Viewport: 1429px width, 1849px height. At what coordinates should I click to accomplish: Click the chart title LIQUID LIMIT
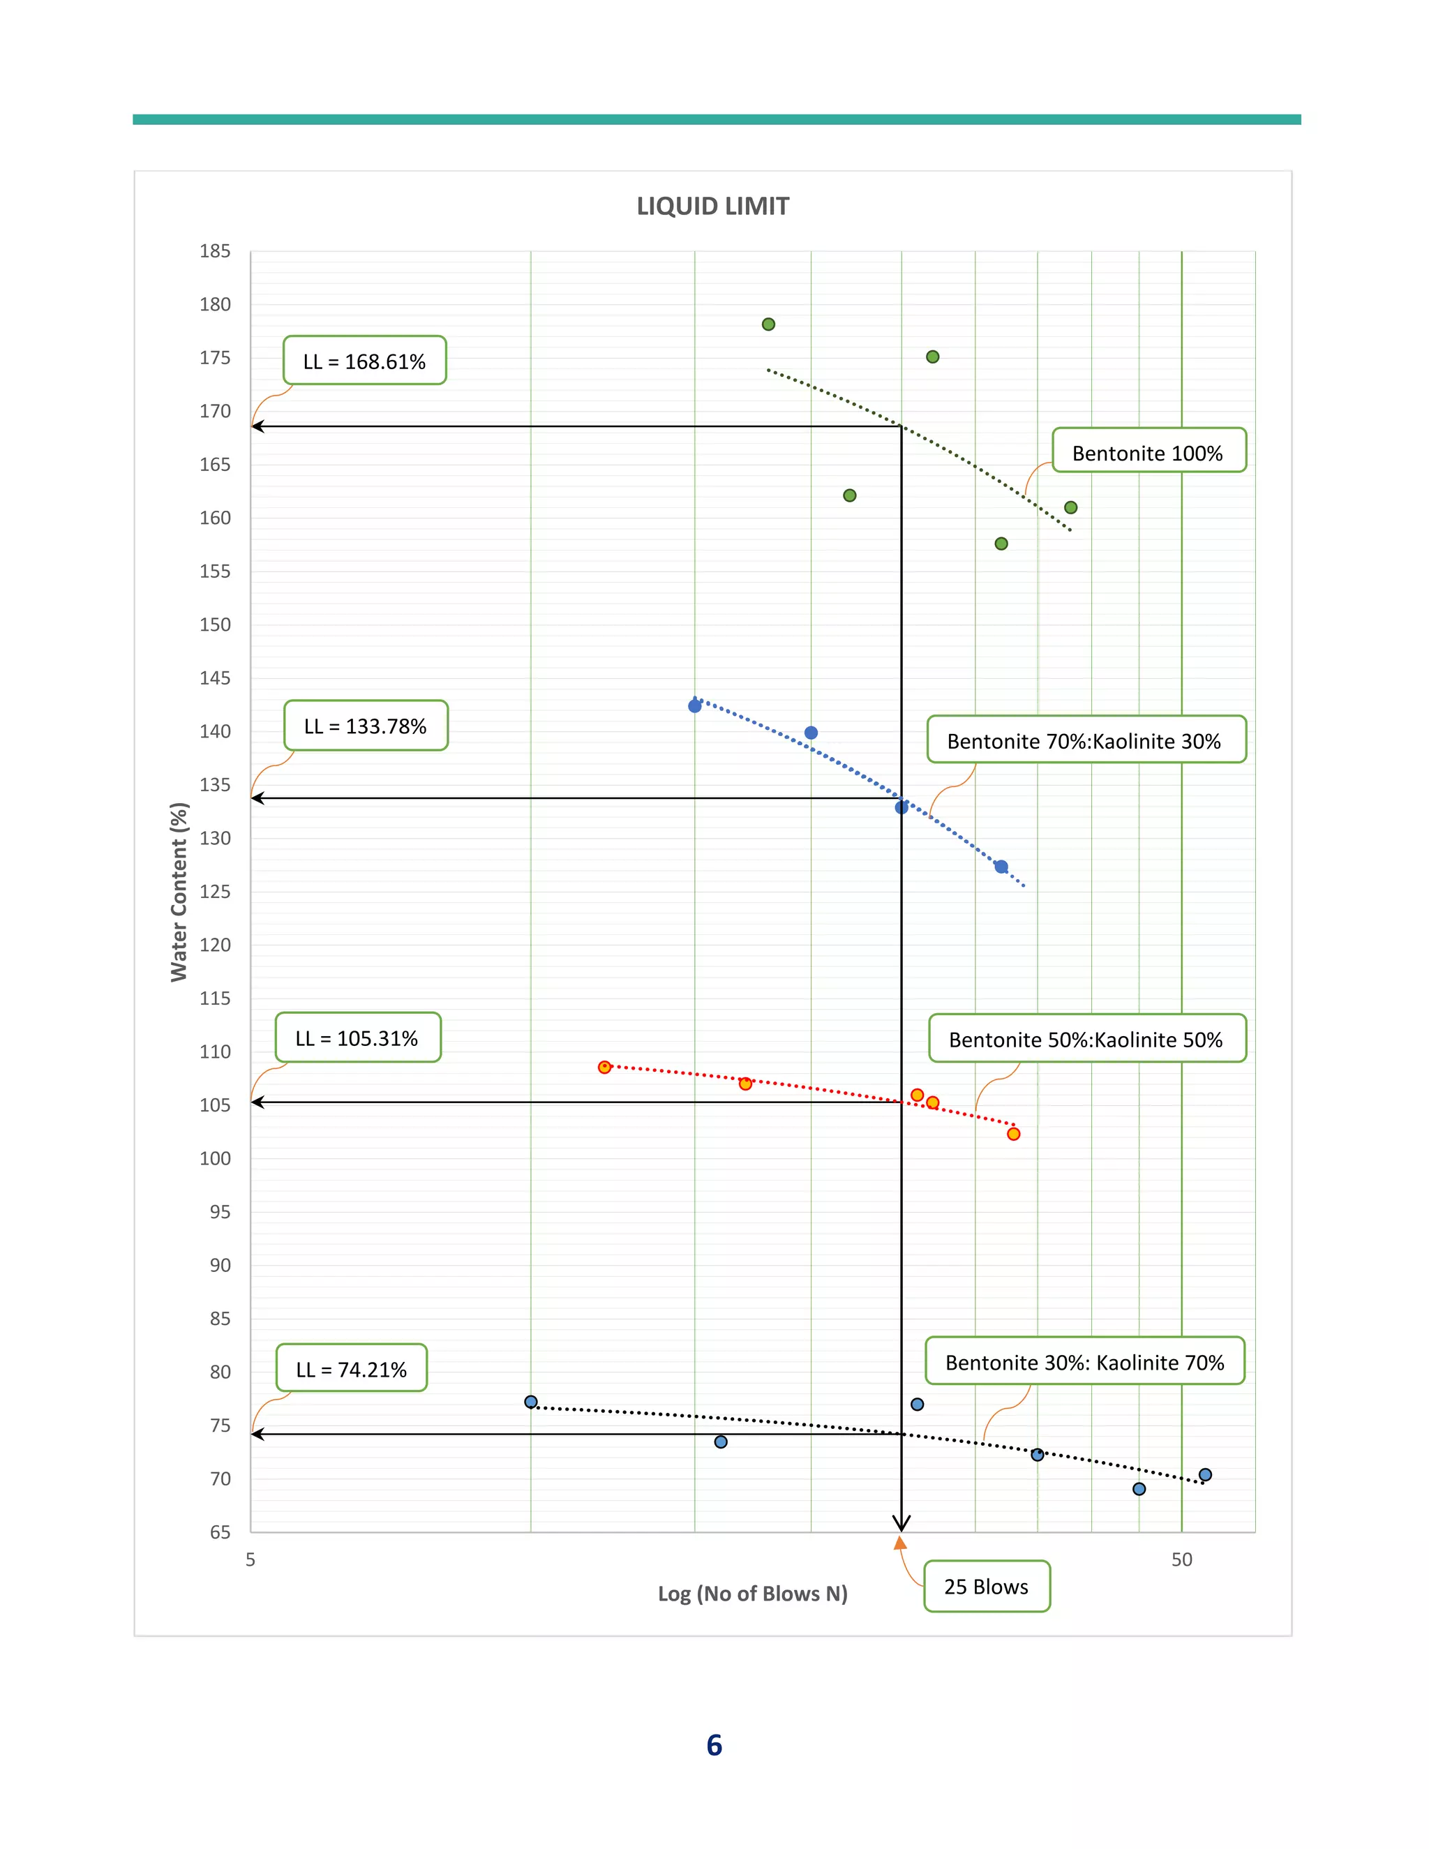tap(713, 207)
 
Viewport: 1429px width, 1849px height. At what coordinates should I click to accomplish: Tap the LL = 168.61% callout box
tap(364, 361)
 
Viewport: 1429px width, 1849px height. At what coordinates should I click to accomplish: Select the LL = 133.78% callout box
tap(366, 726)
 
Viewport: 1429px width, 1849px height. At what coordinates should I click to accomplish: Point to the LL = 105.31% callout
tap(357, 1038)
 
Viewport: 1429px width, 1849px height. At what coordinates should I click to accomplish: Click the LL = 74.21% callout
tap(352, 1369)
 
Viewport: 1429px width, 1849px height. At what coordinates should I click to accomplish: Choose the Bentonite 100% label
tap(1148, 452)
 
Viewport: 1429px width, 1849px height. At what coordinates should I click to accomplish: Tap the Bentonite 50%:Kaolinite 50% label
tap(1086, 1039)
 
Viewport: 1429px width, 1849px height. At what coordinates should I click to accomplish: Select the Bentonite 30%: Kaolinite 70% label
tap(1084, 1362)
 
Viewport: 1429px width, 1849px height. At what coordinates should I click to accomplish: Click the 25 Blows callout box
tap(986, 1587)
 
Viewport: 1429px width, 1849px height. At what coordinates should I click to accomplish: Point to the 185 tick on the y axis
tap(215, 251)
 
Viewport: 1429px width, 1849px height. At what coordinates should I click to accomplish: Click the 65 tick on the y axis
tap(220, 1532)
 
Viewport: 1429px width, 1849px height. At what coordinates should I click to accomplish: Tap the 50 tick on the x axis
tap(1182, 1559)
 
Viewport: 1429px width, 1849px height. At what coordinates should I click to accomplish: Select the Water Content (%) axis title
tap(179, 892)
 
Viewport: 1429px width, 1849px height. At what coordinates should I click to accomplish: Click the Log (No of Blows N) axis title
tap(753, 1594)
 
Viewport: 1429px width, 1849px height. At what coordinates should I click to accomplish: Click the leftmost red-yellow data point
tap(604, 1067)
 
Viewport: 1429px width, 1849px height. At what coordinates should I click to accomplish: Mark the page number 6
tap(714, 1745)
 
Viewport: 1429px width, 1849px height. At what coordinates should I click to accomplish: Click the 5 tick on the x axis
tap(250, 1559)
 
